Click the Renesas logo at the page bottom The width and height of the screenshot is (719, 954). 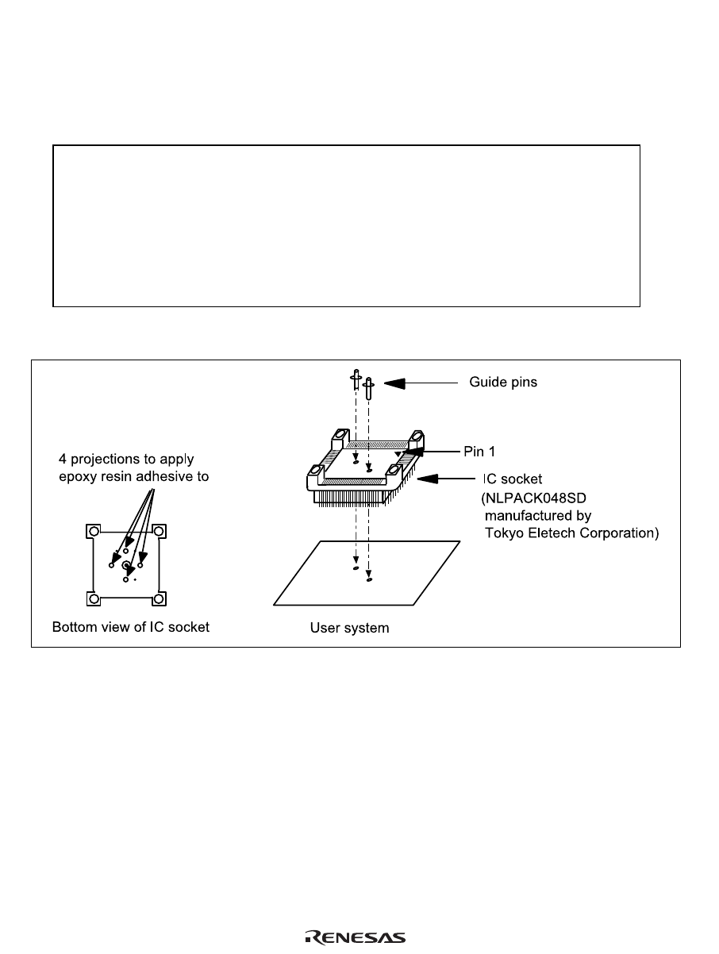[356, 937]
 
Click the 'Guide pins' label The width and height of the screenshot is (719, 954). [503, 383]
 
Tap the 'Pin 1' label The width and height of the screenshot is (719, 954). [479, 450]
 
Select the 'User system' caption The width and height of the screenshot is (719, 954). [349, 628]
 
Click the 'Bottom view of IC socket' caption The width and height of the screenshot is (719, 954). [131, 627]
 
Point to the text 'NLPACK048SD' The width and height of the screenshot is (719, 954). [539, 498]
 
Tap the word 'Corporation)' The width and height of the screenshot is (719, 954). [620, 533]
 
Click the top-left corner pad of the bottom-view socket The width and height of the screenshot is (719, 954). [93, 530]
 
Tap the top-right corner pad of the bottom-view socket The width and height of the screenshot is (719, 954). [160, 530]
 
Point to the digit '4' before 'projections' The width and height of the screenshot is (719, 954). [61, 460]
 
